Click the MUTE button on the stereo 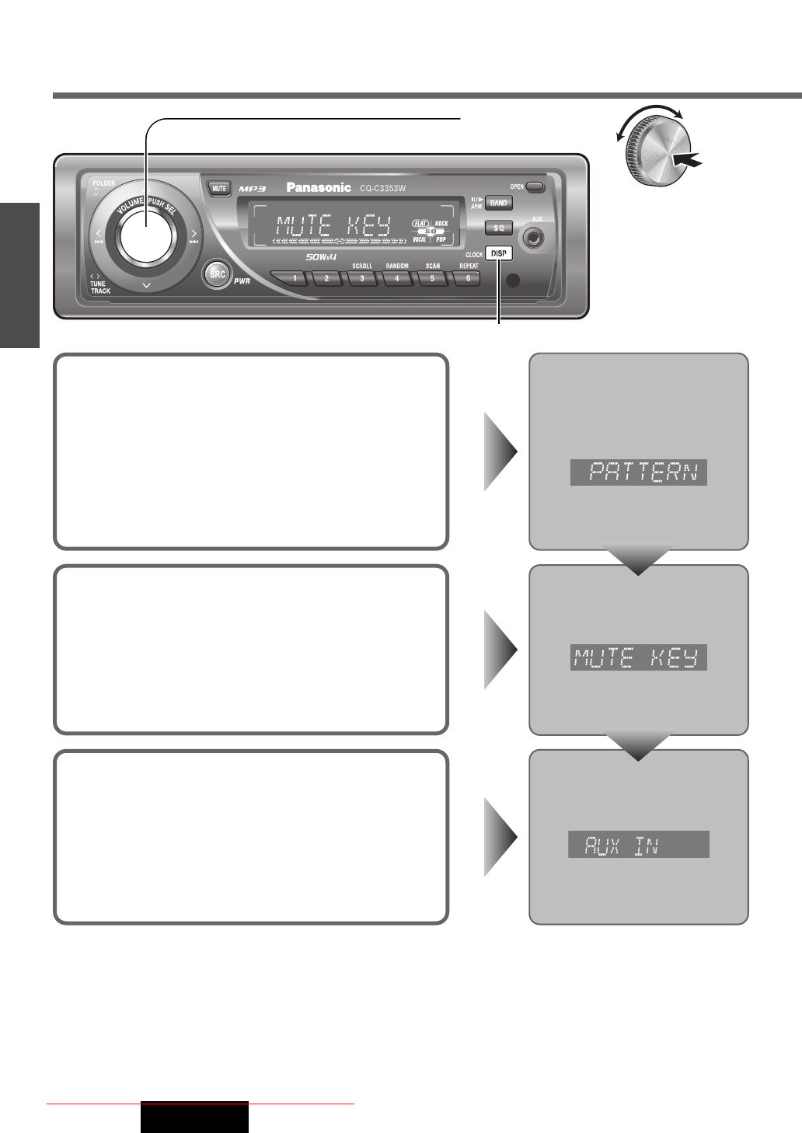click(x=219, y=188)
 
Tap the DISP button click(x=499, y=253)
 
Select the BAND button click(x=499, y=203)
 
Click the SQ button click(x=499, y=228)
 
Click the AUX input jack click(x=533, y=238)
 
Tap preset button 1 click(x=294, y=278)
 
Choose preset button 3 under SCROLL click(x=362, y=278)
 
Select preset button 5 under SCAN click(x=432, y=278)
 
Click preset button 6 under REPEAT click(x=467, y=278)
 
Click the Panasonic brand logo click(x=319, y=187)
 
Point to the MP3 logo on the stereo click(x=253, y=189)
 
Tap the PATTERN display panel click(x=639, y=472)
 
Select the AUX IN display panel click(x=639, y=845)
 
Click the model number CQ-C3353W click(x=382, y=188)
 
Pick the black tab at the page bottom click(x=194, y=1117)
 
